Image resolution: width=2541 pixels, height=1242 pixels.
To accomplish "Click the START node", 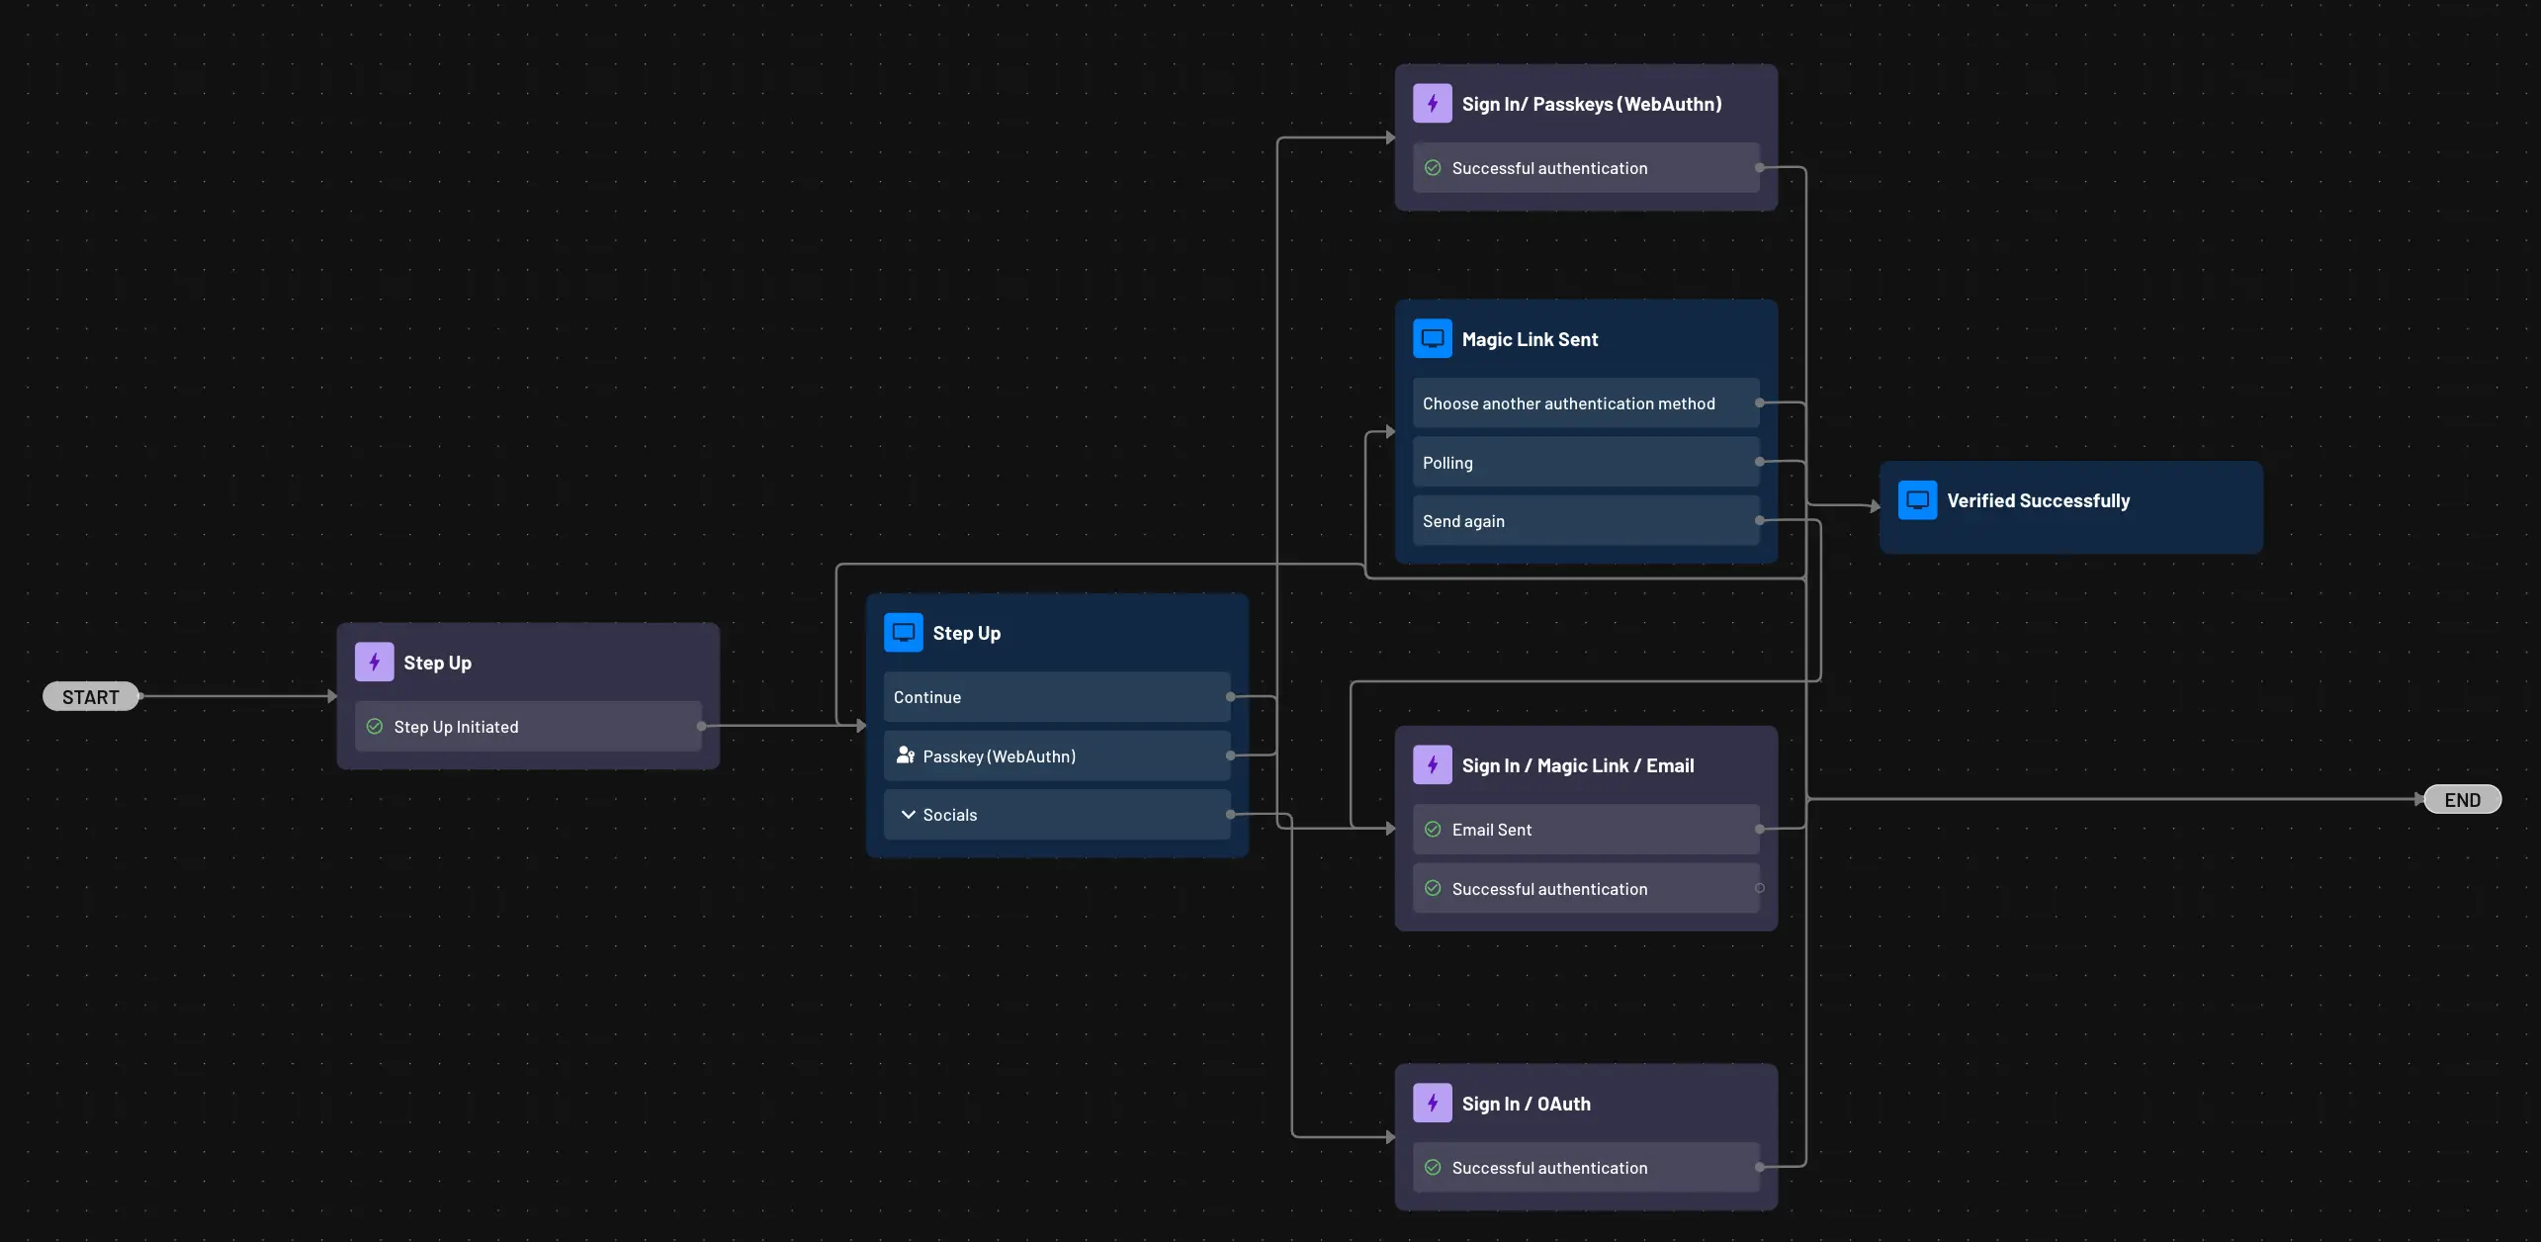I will coord(90,697).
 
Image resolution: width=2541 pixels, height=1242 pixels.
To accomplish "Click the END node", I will coord(2462,800).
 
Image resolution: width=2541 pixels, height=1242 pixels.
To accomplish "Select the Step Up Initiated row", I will coord(528,727).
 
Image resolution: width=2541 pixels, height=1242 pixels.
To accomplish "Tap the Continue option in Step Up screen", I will coord(1056,697).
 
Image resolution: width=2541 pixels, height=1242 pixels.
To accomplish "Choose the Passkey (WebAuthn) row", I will coord(1056,756).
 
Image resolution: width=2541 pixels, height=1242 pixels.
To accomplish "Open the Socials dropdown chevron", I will coord(908,815).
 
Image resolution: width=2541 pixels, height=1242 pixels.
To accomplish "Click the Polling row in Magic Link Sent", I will coord(1585,463).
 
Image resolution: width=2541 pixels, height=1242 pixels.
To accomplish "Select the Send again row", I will coord(1585,521).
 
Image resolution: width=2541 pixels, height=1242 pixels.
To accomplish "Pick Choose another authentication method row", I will coord(1585,403).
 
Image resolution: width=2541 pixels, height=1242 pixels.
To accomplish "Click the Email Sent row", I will coord(1585,830).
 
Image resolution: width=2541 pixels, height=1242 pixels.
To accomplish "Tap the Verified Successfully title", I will coord(2038,501).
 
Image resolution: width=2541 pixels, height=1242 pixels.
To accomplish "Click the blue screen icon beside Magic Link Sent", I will coord(1432,339).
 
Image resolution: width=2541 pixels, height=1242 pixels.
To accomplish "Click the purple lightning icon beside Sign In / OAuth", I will coord(1432,1104).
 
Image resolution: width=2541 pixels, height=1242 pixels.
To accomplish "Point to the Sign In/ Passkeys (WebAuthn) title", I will coord(1591,104).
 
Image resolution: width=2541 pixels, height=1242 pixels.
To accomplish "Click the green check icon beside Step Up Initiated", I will coord(375,727).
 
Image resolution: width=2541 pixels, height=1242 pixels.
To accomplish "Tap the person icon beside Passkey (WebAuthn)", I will coord(905,755).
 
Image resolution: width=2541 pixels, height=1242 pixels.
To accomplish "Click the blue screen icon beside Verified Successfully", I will coord(1917,500).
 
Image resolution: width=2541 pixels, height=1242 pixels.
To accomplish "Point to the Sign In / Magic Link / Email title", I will coord(1577,766).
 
